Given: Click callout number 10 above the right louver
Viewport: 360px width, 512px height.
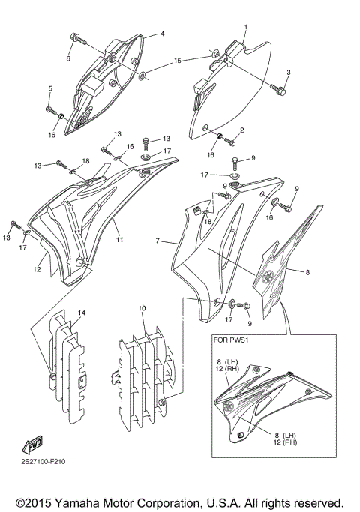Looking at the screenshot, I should (141, 308).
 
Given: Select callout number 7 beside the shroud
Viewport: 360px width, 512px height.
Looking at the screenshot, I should (157, 242).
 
